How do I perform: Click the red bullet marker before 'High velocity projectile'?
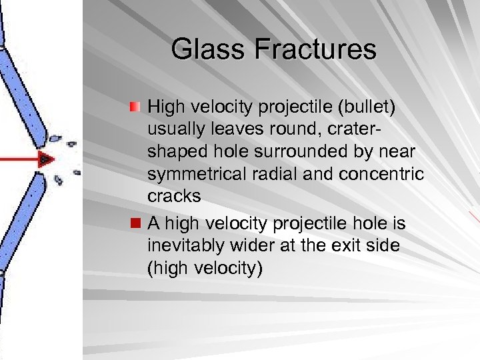[135, 107]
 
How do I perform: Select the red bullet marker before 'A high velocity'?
[135, 223]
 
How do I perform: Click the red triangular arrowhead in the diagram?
[45, 159]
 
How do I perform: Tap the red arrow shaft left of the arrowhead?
[17, 159]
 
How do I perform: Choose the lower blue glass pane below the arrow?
[23, 220]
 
